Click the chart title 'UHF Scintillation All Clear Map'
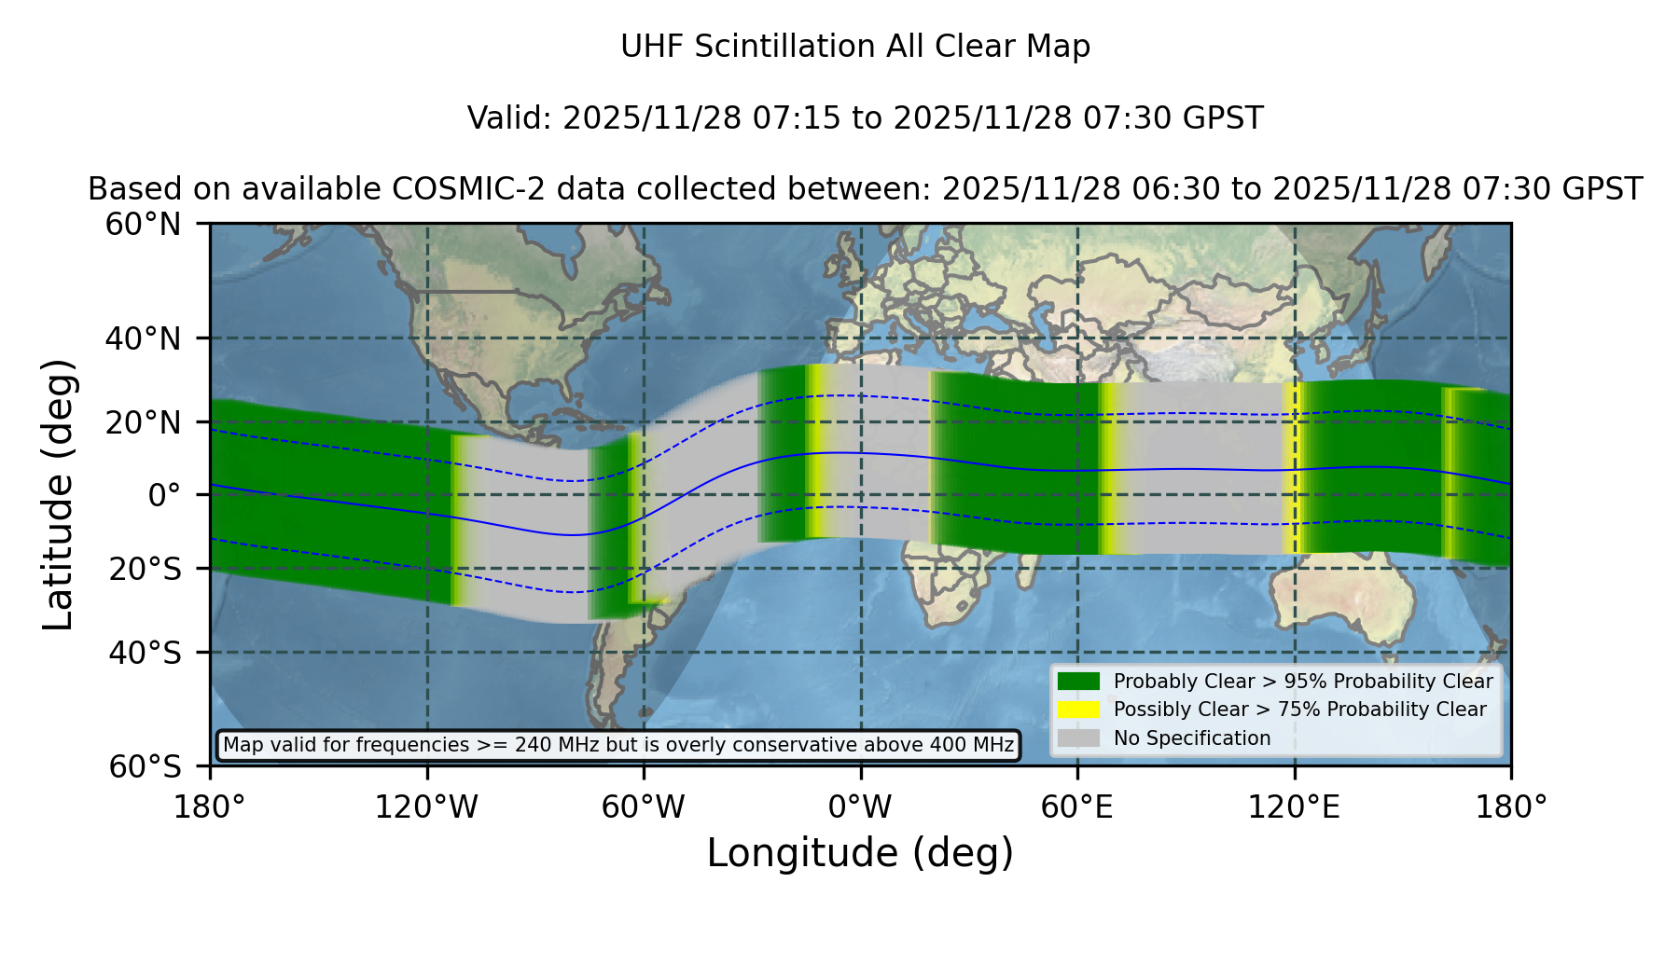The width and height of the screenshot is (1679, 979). click(855, 47)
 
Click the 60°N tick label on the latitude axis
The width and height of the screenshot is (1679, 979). click(143, 225)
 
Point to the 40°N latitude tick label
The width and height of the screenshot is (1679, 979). click(143, 338)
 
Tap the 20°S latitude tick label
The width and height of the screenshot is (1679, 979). click(145, 569)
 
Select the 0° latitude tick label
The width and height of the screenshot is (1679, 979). click(164, 495)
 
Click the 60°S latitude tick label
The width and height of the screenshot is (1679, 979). click(145, 766)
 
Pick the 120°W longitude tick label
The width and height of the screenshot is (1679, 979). click(426, 807)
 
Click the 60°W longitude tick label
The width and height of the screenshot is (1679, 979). click(644, 807)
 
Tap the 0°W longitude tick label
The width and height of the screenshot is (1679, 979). click(860, 807)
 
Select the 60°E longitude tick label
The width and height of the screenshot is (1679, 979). click(1077, 807)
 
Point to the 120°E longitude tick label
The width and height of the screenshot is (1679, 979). click(1294, 807)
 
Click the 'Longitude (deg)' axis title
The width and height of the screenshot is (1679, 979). click(860, 853)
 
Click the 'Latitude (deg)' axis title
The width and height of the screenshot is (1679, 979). click(58, 494)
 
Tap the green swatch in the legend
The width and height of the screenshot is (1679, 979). click(1078, 682)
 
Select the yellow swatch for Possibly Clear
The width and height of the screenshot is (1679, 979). click(1078, 710)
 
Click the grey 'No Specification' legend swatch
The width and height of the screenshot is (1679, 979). click(1078, 738)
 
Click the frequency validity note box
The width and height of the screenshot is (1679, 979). click(618, 745)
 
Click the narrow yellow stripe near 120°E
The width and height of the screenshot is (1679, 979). click(1292, 468)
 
